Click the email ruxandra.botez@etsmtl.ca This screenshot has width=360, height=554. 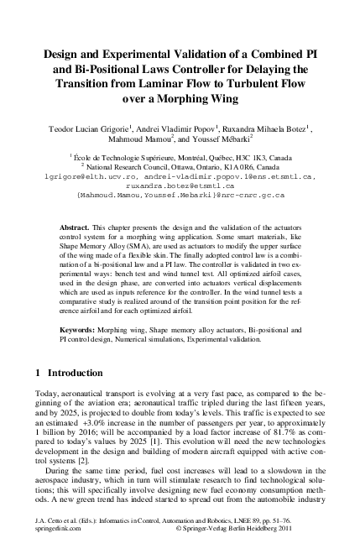tap(180, 186)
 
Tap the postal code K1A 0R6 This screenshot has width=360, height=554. tap(228, 167)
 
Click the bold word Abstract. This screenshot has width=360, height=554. tap(77, 228)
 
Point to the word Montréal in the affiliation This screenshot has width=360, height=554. tap(175, 157)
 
